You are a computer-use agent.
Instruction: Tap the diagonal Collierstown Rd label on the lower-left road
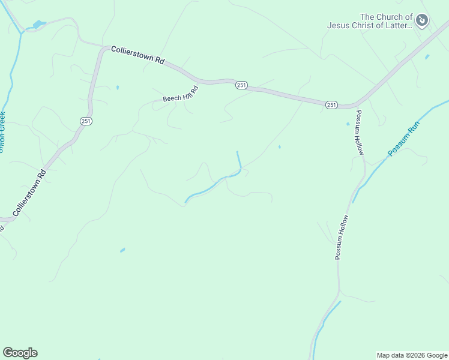coord(29,193)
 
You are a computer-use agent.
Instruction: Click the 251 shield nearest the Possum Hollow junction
coord(331,105)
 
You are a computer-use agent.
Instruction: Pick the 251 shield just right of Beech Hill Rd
coord(241,86)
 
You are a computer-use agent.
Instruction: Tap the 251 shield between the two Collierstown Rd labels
coord(85,121)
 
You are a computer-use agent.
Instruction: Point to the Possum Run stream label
coord(404,139)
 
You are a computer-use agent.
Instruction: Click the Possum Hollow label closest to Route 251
coord(360,133)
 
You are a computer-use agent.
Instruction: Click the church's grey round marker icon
coord(423,21)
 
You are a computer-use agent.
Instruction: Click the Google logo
coord(20,353)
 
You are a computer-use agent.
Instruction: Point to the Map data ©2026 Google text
coord(412,355)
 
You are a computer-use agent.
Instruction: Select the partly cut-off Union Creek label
coord(2,132)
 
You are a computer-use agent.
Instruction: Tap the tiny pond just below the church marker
coord(427,57)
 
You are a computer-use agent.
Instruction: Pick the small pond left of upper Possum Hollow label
coord(348,124)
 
